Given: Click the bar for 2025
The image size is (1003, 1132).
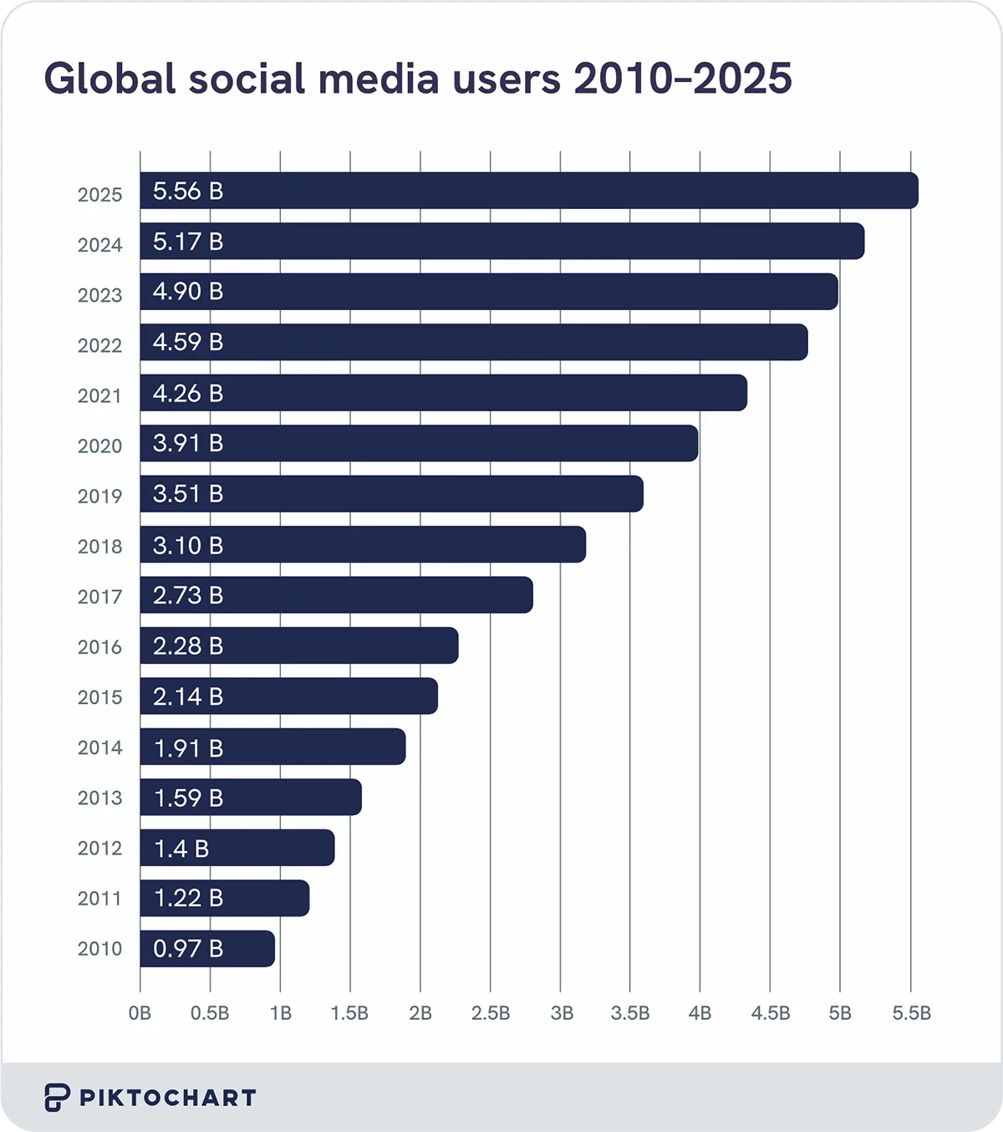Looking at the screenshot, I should pos(528,191).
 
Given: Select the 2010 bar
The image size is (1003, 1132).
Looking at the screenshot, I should pos(207,949).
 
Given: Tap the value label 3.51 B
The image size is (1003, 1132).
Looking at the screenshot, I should pos(188,494).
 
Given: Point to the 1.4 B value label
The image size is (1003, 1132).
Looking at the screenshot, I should pos(181,849).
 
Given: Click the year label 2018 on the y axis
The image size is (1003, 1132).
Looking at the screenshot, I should pos(99,547).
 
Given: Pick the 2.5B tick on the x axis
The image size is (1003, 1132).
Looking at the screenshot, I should pos(491,1013).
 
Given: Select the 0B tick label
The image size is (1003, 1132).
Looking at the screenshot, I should pos(140,1013).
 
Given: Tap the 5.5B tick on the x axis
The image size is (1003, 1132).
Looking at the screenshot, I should pos(911,1013).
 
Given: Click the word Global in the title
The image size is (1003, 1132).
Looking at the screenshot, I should pos(109,79).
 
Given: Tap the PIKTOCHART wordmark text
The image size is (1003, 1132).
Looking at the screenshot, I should pos(168,1098).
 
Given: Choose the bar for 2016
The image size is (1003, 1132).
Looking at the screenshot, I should pos(299,645).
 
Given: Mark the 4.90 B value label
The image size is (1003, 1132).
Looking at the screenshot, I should pos(188,292).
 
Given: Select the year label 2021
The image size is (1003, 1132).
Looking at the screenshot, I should pos(99,395).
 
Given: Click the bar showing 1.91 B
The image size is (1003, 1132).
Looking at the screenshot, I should pos(272,747).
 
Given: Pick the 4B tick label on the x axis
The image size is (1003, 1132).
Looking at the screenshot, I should pos(700,1013).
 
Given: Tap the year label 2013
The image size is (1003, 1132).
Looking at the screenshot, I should pos(99,798).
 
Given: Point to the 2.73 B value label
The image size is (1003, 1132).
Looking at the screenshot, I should pos(188,595).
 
